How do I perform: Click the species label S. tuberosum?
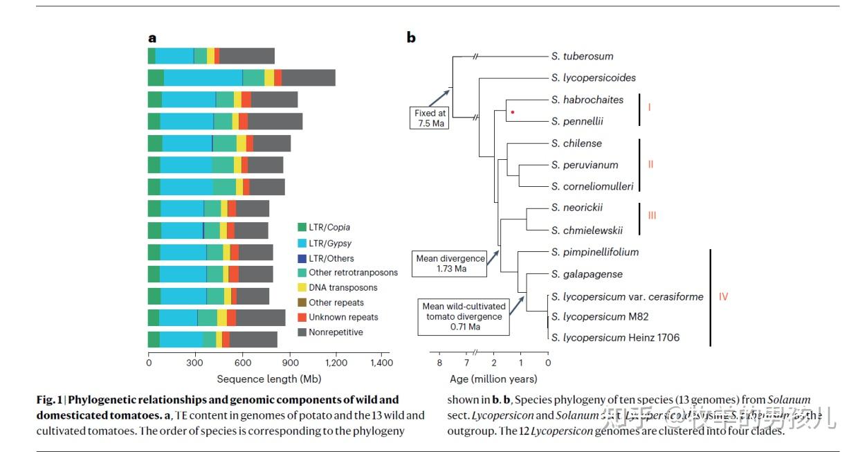click(x=582, y=56)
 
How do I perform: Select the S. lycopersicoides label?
click(x=593, y=78)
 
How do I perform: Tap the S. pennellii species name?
click(x=577, y=121)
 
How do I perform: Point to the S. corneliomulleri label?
click(x=592, y=186)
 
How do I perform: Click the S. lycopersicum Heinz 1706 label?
click(x=615, y=337)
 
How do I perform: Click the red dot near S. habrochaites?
click(x=512, y=111)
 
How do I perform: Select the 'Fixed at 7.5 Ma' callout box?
click(x=430, y=118)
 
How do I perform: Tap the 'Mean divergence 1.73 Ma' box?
click(x=450, y=263)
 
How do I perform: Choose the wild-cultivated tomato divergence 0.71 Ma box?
click(x=464, y=316)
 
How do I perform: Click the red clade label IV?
click(x=723, y=297)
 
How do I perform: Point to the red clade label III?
click(x=652, y=215)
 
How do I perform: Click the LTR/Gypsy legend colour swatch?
click(x=302, y=242)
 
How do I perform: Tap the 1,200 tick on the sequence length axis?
click(x=336, y=362)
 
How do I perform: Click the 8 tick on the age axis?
click(x=439, y=362)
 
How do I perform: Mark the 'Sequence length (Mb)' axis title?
click(x=268, y=379)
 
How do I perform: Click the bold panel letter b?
click(x=411, y=38)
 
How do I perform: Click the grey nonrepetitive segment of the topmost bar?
click(x=247, y=56)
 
